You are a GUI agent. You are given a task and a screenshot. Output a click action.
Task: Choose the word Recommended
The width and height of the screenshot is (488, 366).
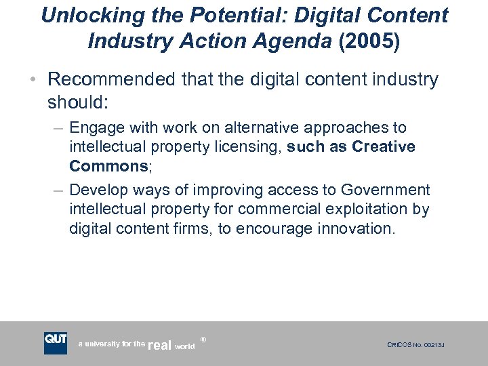pos(113,80)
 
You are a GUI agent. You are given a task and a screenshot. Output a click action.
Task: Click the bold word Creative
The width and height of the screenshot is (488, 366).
pos(384,147)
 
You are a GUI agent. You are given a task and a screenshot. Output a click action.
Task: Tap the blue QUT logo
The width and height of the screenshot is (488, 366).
pos(56,343)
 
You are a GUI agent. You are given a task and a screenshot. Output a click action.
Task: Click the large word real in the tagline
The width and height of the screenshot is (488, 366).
pos(160,345)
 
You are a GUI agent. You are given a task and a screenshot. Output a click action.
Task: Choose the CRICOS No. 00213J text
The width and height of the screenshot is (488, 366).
pos(415,346)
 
